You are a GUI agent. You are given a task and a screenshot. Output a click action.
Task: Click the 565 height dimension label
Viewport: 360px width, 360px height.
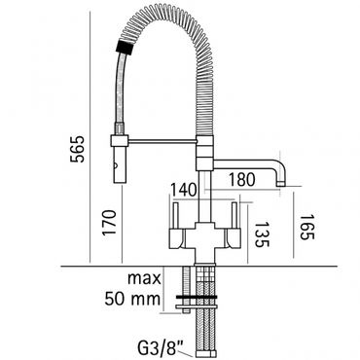pos(77,149)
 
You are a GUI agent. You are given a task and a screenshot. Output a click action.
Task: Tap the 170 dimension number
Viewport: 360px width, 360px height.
pos(109,223)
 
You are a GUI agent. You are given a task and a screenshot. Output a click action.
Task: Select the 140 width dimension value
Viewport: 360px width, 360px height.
pos(184,190)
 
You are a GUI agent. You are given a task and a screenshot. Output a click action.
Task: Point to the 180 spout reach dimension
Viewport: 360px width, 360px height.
pos(242,179)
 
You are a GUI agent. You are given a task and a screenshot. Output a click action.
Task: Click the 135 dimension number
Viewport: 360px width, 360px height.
pos(262,234)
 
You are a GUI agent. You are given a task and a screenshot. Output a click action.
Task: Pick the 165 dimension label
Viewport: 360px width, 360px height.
pos(307,227)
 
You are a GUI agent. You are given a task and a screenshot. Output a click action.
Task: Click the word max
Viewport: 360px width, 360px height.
pos(144,278)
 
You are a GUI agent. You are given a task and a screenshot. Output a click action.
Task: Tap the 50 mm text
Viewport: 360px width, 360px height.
pos(132,299)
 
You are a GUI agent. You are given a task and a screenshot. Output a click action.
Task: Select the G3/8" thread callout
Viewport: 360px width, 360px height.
pos(159,349)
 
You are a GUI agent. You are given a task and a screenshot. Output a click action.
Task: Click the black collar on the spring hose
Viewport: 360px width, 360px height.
pos(125,47)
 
